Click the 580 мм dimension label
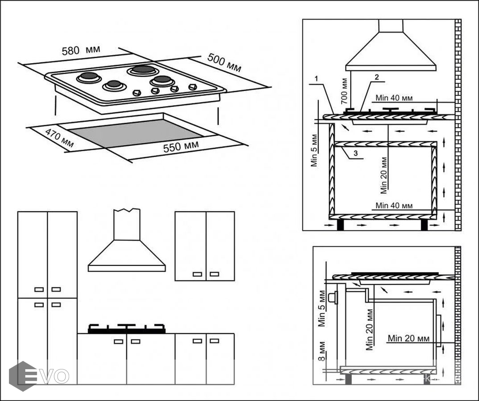(x=81, y=51)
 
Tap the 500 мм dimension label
(x=224, y=63)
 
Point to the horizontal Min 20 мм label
(x=409, y=338)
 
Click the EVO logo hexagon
(x=23, y=376)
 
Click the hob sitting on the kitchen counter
(x=127, y=329)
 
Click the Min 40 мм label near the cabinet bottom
(x=394, y=205)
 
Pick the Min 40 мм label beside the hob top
(x=394, y=98)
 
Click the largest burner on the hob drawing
(x=142, y=70)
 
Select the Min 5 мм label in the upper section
(x=315, y=150)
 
